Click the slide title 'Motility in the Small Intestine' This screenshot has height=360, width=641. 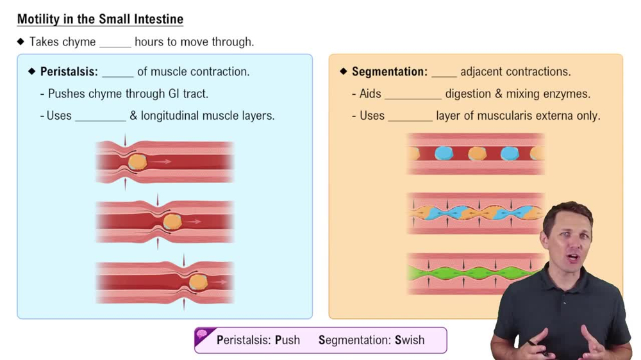(100, 19)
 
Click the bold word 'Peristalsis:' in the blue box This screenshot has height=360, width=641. (69, 72)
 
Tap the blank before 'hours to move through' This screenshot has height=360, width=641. (115, 43)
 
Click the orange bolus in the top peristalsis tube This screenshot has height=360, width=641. (137, 162)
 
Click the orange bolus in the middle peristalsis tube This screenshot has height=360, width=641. (172, 222)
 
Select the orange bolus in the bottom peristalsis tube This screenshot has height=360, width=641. (198, 282)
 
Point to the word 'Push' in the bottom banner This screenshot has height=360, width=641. (287, 340)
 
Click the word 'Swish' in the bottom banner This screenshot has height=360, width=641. (410, 340)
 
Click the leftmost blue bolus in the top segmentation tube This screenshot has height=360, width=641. (444, 153)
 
